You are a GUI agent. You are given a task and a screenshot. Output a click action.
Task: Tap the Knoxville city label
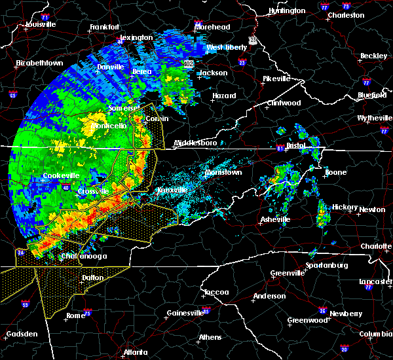tap(172, 190)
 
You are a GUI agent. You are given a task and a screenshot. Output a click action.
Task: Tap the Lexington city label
tap(136, 37)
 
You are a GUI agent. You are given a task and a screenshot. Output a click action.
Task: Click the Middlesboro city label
tap(195, 143)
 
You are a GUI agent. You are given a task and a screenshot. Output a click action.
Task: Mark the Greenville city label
tap(289, 273)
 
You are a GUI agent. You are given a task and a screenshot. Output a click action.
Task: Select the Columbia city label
tap(375, 334)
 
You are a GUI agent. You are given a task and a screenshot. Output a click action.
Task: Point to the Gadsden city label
tap(21, 334)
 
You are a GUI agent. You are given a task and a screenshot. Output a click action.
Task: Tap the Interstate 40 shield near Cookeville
tap(67, 189)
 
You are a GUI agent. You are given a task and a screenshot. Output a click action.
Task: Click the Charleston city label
tap(345, 14)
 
